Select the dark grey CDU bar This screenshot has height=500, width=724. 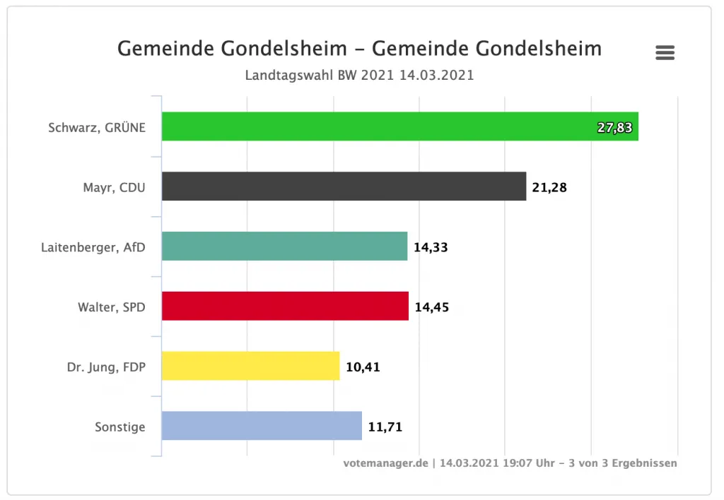pyautogui.click(x=344, y=186)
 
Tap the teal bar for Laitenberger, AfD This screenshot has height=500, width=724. pyautogui.click(x=284, y=246)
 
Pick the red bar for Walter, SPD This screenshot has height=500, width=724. pyautogui.click(x=285, y=306)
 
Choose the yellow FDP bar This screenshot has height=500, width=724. pyautogui.click(x=250, y=367)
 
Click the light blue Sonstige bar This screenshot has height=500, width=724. pyautogui.click(x=262, y=427)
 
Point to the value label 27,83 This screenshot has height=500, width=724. pyautogui.click(x=614, y=128)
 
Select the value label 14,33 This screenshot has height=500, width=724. pyautogui.click(x=431, y=247)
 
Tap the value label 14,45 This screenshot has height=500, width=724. pyautogui.click(x=432, y=307)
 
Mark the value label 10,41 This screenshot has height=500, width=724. pyautogui.click(x=363, y=367)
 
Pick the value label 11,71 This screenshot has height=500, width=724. pyautogui.click(x=385, y=427)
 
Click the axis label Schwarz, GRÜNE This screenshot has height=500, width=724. pyautogui.click(x=97, y=128)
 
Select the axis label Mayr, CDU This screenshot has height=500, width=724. pyautogui.click(x=114, y=188)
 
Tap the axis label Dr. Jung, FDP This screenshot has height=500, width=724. pyautogui.click(x=106, y=367)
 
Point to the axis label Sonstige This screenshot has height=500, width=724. pyautogui.click(x=120, y=427)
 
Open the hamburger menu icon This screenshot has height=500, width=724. pyautogui.click(x=665, y=53)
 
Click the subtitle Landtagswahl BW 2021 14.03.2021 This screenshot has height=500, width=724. pyautogui.click(x=359, y=75)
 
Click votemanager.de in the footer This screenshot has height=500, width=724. pyautogui.click(x=385, y=463)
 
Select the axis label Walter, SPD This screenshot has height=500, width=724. pyautogui.click(x=112, y=307)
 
